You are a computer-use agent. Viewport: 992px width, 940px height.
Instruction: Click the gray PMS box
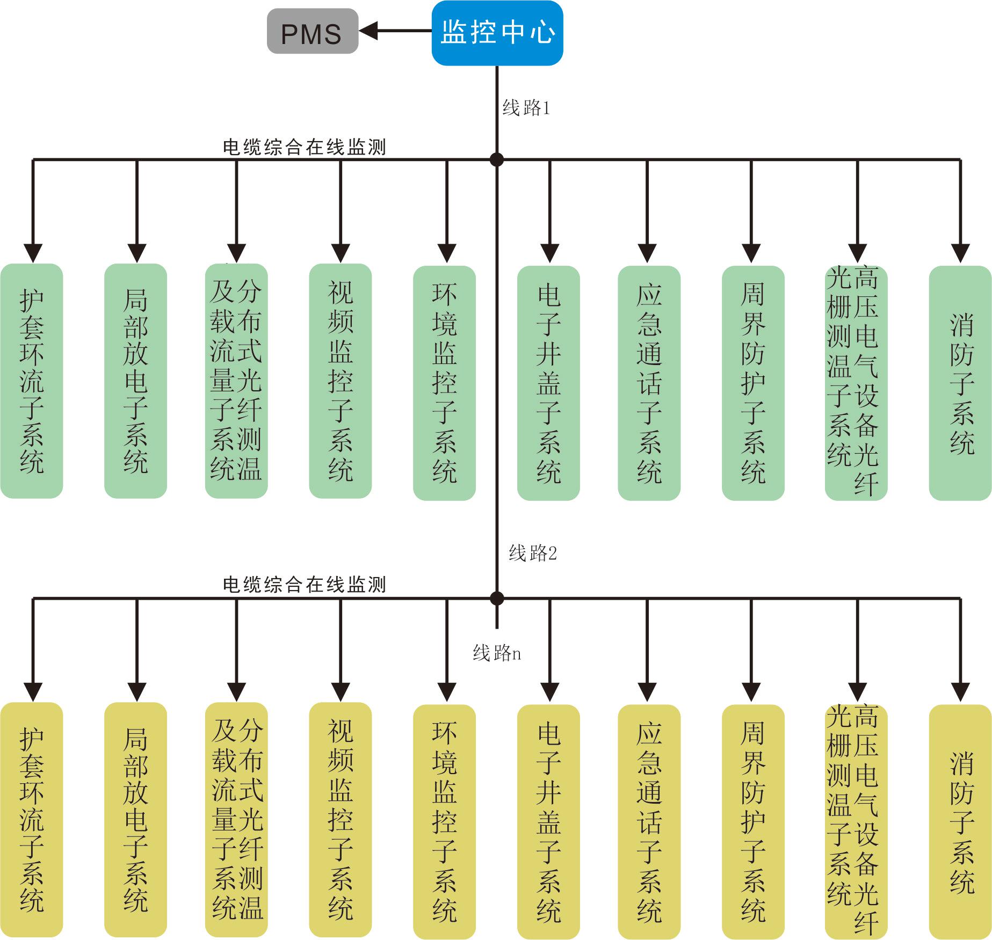313,31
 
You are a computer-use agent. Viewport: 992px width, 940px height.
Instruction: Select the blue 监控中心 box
497,33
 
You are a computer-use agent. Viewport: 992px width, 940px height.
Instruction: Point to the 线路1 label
526,108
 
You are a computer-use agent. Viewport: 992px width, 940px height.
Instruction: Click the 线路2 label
533,553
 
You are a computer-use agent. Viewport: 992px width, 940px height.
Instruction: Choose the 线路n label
497,653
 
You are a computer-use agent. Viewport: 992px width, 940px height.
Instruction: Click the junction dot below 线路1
497,159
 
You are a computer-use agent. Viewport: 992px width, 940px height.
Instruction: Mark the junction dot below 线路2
497,598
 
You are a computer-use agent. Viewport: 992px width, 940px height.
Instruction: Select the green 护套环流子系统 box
32,381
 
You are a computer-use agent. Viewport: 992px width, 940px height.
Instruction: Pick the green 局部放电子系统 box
135,381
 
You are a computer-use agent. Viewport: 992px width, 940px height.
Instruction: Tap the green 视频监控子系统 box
341,381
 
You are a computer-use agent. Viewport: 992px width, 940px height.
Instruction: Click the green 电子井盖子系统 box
548,383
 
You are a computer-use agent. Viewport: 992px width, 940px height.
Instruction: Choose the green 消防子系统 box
960,383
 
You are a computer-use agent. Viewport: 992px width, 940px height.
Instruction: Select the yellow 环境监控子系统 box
444,821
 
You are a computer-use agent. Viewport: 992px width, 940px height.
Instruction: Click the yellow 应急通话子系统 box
649,821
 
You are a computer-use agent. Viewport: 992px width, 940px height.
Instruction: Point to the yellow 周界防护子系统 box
753,821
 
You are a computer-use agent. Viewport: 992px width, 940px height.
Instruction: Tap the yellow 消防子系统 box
960,821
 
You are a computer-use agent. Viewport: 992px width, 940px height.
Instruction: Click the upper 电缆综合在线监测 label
305,147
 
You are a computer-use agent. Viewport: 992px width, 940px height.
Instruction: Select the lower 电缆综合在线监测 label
305,585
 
